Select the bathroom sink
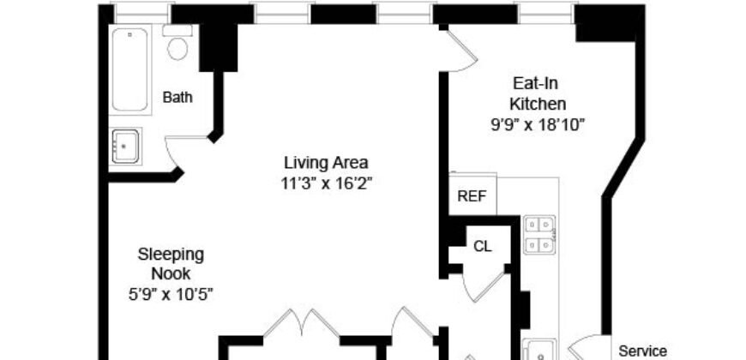(126, 146)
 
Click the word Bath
(177, 98)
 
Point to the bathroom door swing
(181, 152)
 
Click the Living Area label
(326, 162)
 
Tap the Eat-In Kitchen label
(538, 94)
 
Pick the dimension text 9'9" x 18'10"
(538, 124)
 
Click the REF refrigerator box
(472, 195)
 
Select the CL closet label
(483, 246)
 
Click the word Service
(642, 351)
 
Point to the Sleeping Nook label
(171, 264)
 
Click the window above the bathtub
(142, 12)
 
